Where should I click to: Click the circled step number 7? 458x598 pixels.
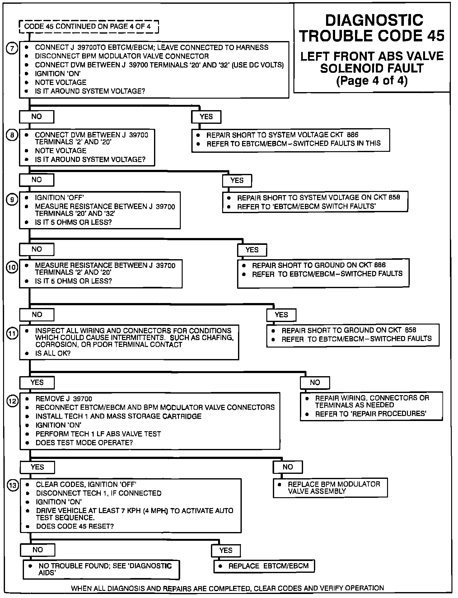[x=12, y=49]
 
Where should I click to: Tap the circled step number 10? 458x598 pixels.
[x=12, y=268]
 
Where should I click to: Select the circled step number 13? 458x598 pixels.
[x=13, y=486]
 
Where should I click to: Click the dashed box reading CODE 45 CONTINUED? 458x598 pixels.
[x=89, y=26]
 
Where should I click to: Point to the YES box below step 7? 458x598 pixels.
[x=206, y=117]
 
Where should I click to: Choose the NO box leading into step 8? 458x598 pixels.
[x=36, y=117]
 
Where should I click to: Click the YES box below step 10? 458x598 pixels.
[x=281, y=315]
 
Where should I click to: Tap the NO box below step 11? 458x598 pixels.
[x=315, y=382]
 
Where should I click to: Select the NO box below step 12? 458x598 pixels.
[x=287, y=467]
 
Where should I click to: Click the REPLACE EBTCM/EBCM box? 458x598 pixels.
[x=264, y=566]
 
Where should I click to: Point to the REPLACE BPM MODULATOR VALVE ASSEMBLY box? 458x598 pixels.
[x=330, y=488]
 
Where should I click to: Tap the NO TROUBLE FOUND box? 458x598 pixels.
[x=101, y=569]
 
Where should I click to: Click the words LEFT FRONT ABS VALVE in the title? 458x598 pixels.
[x=372, y=56]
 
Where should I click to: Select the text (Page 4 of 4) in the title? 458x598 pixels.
[x=372, y=81]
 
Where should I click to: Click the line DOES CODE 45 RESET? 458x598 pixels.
[x=75, y=526]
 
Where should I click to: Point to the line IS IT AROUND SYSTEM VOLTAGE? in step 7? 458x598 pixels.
[x=90, y=91]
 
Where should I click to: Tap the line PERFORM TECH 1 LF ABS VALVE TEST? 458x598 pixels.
[x=98, y=434]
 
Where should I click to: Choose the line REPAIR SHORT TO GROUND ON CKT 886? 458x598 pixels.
[x=319, y=265]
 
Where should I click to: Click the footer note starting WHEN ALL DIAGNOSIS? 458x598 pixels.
[x=227, y=588]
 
